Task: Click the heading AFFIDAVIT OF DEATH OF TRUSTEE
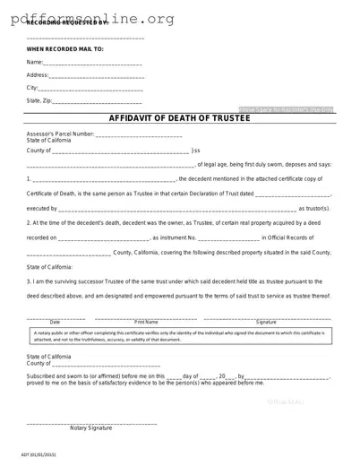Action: (179, 118)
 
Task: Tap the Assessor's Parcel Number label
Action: (60, 134)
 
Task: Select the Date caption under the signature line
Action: (55, 321)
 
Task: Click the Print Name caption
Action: (146, 321)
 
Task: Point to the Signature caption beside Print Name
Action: (266, 321)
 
